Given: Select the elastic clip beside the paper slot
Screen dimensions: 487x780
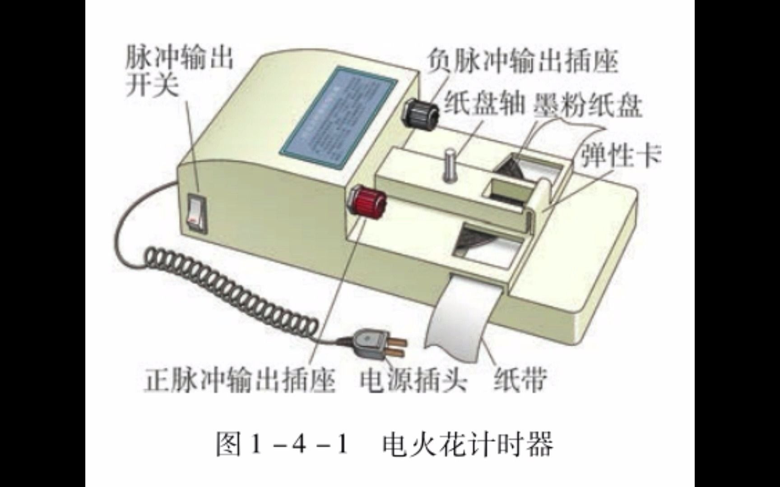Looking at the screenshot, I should [544, 198].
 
